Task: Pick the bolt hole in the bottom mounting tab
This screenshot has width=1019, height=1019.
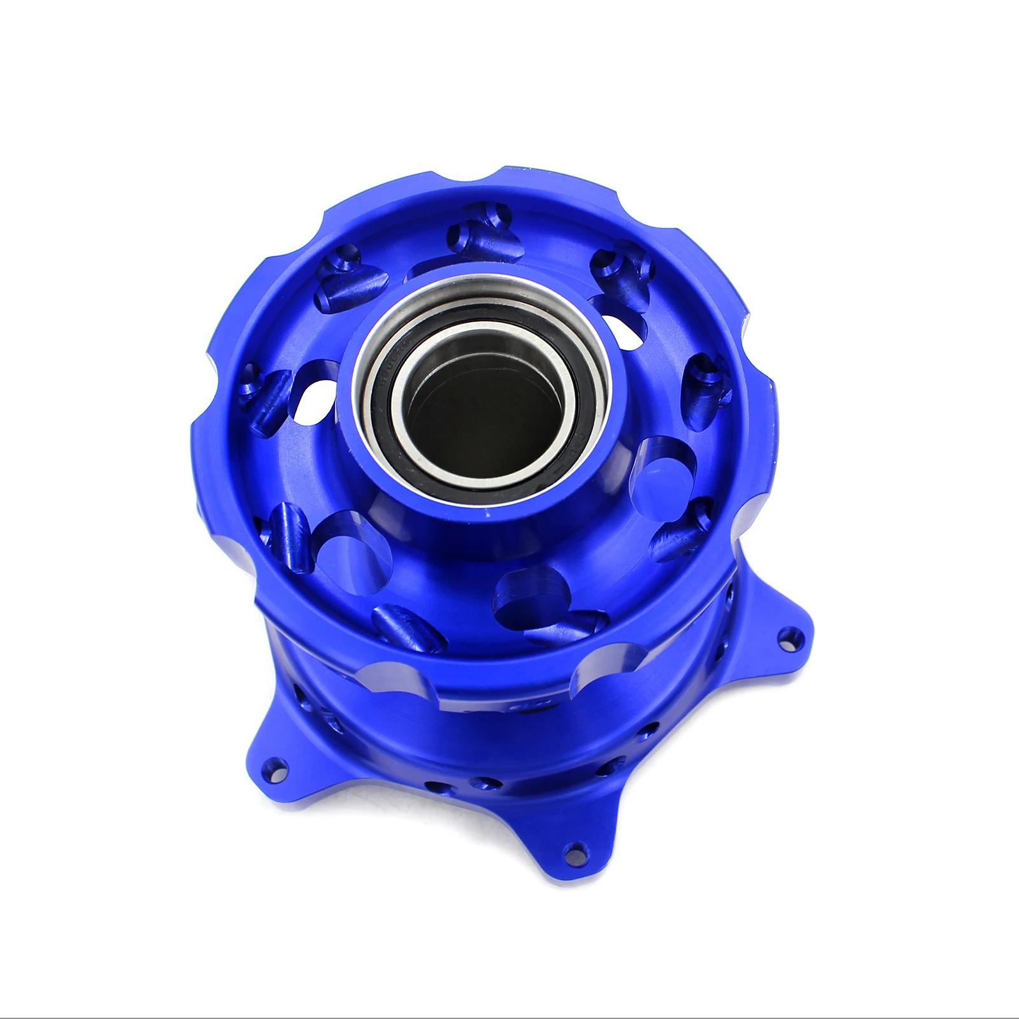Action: pos(578,849)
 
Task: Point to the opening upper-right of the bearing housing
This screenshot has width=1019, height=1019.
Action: pos(621,318)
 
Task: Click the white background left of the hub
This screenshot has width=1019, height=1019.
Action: pos(96,509)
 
